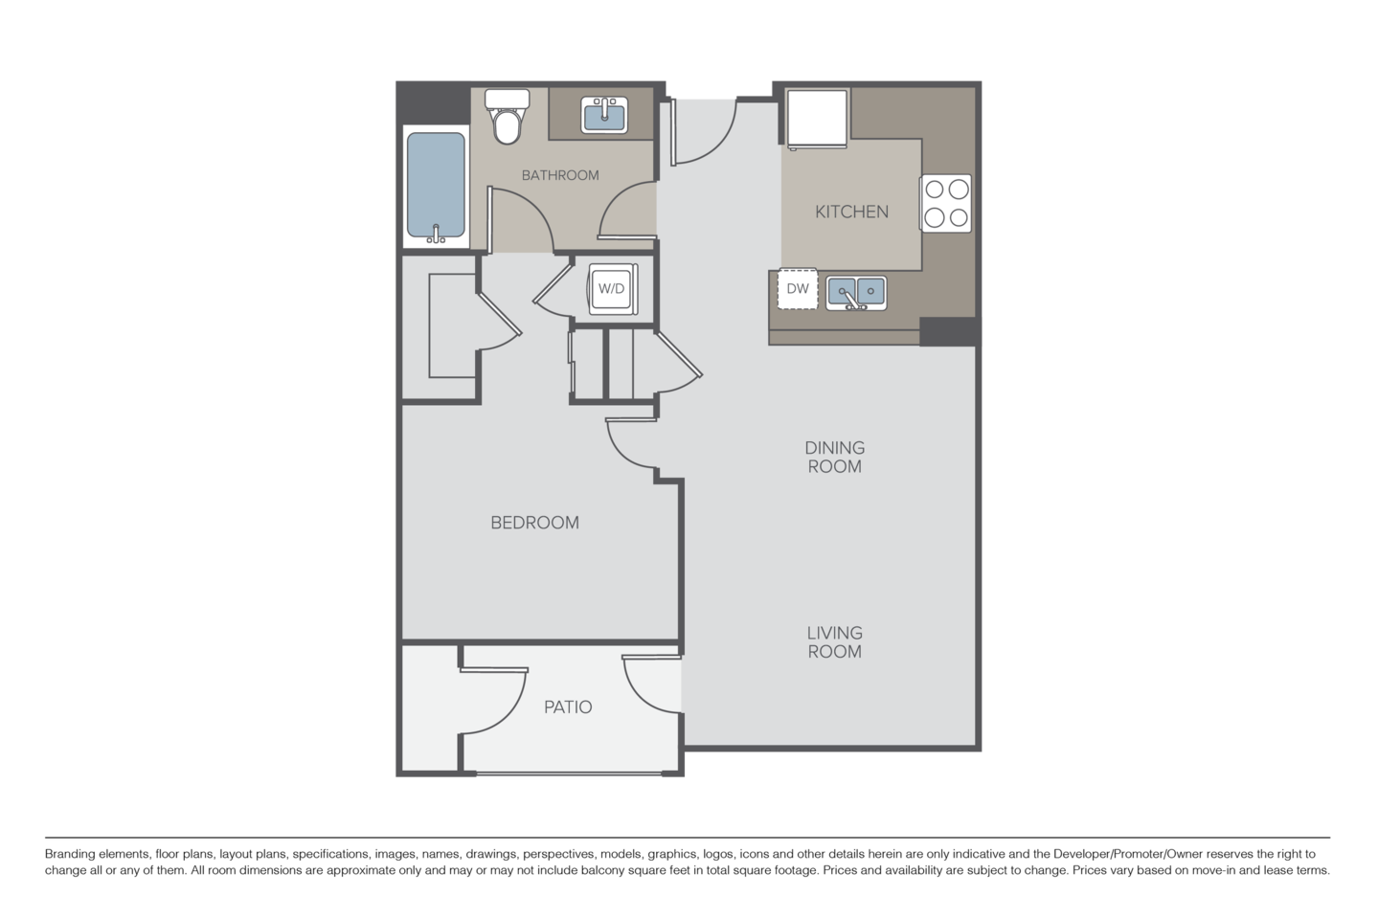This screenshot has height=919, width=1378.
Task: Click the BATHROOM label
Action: coord(560,175)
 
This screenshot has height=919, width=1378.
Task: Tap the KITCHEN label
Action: coord(851,212)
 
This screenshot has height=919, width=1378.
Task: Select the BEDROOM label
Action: coord(534,523)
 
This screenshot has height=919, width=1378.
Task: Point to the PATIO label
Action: coord(568,707)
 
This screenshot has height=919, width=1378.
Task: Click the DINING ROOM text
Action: coord(834,457)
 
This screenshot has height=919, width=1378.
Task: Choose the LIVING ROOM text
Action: coord(834,641)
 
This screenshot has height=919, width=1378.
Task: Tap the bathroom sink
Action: coord(604,115)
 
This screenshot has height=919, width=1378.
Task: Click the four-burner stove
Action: coord(946,203)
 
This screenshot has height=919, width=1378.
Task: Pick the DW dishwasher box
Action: coord(798,289)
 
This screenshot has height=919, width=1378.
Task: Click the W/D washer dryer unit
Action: coord(611,287)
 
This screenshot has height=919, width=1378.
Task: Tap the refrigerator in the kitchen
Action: coord(817,118)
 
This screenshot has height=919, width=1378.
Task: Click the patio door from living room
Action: coord(652,684)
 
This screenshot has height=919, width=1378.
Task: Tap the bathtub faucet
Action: coord(436,234)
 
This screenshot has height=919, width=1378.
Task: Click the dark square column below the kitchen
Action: coord(951,331)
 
